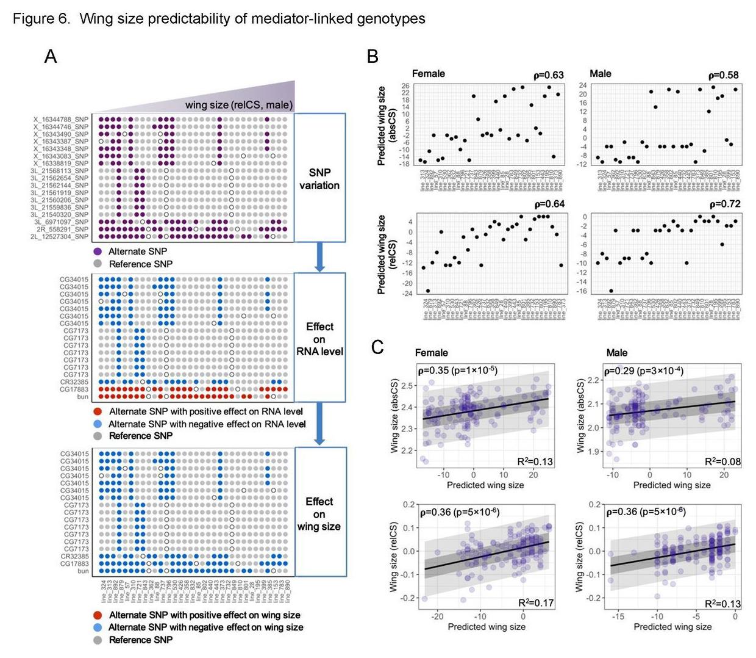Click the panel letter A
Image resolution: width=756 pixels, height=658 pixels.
point(51,57)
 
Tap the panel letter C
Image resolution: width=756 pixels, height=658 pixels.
point(377,347)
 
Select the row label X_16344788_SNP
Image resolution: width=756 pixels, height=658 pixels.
point(61,120)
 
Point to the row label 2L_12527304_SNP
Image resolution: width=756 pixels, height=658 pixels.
point(60,237)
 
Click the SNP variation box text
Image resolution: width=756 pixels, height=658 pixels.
point(319,179)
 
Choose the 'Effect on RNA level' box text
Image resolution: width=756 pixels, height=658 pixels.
point(319,339)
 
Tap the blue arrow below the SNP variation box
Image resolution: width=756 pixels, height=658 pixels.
point(319,256)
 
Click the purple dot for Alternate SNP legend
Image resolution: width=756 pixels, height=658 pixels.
point(97,251)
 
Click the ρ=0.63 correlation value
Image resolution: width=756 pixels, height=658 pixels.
point(549,76)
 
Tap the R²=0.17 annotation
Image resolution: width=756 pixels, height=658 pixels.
point(536,603)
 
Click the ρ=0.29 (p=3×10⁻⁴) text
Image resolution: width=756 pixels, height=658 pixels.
point(643,371)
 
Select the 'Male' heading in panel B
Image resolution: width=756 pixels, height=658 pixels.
point(600,74)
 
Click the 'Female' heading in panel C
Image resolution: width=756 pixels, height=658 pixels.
point(431,353)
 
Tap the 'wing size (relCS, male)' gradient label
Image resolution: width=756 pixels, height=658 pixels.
point(239,105)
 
